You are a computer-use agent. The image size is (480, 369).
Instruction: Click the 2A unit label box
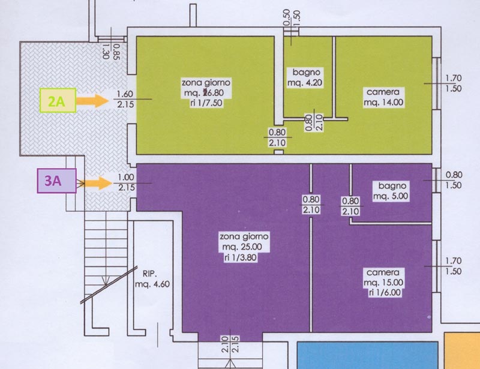[57, 101]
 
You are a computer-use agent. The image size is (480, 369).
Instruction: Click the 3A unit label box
[57, 182]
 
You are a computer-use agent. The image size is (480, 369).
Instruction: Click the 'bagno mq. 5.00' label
[391, 191]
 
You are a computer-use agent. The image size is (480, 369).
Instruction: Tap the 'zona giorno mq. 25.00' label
[244, 242]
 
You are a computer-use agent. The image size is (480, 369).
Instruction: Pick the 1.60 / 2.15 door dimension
[125, 98]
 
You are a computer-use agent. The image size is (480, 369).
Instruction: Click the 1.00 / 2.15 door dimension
[125, 182]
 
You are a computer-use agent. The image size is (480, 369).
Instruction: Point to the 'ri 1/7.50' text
[205, 102]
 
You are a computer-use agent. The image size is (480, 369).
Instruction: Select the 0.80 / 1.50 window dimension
[454, 180]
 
